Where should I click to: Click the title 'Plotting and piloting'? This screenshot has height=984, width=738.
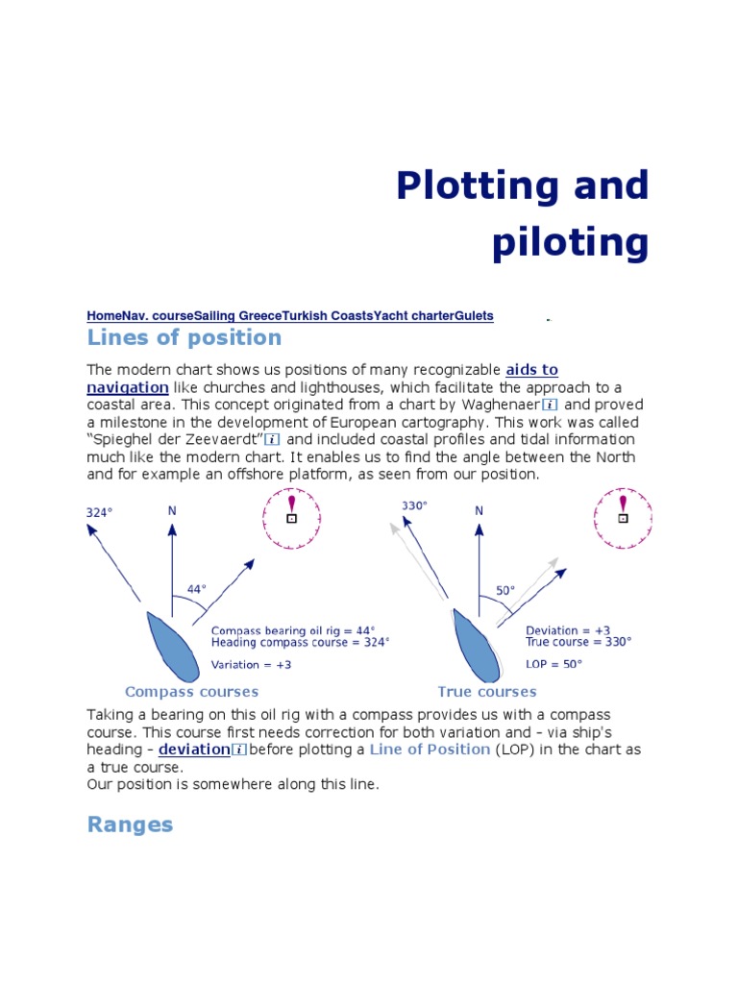pyautogui.click(x=522, y=214)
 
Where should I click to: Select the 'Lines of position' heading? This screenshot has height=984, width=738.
pyautogui.click(x=184, y=338)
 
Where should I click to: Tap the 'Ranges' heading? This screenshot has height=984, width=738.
pyautogui.click(x=130, y=824)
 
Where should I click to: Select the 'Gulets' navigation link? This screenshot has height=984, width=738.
pyautogui.click(x=474, y=315)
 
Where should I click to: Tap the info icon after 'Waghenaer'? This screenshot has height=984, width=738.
pyautogui.click(x=550, y=406)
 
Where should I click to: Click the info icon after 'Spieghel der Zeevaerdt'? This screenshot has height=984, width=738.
pyautogui.click(x=272, y=440)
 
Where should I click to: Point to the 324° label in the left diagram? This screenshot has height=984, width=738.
pyautogui.click(x=100, y=513)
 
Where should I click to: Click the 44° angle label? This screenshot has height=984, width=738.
pyautogui.click(x=197, y=588)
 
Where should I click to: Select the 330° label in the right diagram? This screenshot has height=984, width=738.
pyautogui.click(x=414, y=505)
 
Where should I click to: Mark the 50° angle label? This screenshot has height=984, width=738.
pyautogui.click(x=505, y=591)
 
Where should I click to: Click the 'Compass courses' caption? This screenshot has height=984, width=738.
pyautogui.click(x=191, y=692)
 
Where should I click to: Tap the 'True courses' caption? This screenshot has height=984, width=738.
pyautogui.click(x=486, y=692)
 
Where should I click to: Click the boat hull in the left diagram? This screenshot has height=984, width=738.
pyautogui.click(x=172, y=644)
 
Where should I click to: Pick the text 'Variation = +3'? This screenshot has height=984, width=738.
pyautogui.click(x=251, y=665)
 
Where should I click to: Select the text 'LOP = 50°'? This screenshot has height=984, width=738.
pyautogui.click(x=553, y=664)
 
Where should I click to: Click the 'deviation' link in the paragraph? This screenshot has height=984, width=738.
pyautogui.click(x=195, y=750)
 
